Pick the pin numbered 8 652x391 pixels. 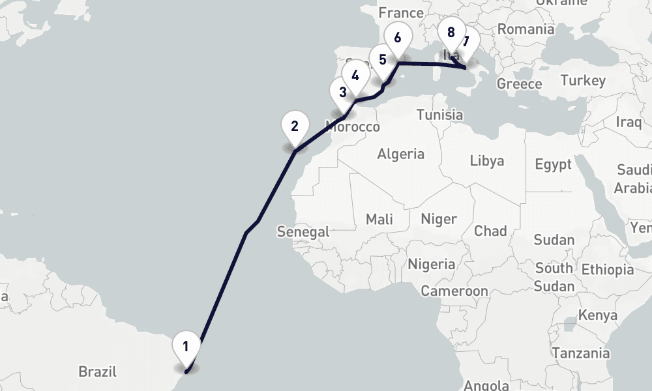451,32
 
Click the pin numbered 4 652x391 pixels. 355,76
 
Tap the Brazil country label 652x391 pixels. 98,372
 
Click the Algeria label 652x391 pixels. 400,154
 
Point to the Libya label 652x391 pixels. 487,160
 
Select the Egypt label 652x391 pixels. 553,164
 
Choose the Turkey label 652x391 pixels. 583,81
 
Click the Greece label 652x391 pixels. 519,84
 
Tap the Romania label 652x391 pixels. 526,29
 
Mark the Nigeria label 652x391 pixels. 432,264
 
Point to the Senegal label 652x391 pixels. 303,231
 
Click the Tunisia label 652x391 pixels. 440,115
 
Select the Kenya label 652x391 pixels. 597,315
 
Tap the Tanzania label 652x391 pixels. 582,353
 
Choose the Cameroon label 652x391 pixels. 454,291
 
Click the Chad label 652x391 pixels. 490,231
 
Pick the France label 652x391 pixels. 400,13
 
